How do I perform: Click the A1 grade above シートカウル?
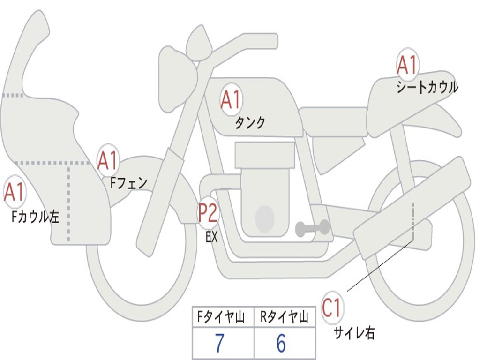coord(407,66)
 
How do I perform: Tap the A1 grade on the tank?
coord(231,100)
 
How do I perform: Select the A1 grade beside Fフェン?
coord(107,161)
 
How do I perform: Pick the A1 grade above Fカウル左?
coord(14,193)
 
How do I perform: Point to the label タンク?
coord(250,123)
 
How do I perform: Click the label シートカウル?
coord(427,88)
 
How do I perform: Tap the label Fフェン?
coord(128,183)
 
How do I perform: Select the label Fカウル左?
coord(36,217)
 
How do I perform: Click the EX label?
coord(212,237)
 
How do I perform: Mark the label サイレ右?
coord(354,333)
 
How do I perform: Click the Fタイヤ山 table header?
coord(222,318)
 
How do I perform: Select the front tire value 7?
coord(220,344)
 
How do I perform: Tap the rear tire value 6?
coord(281,344)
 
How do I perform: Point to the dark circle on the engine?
coord(264,218)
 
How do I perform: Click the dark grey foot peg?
coord(312,228)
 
